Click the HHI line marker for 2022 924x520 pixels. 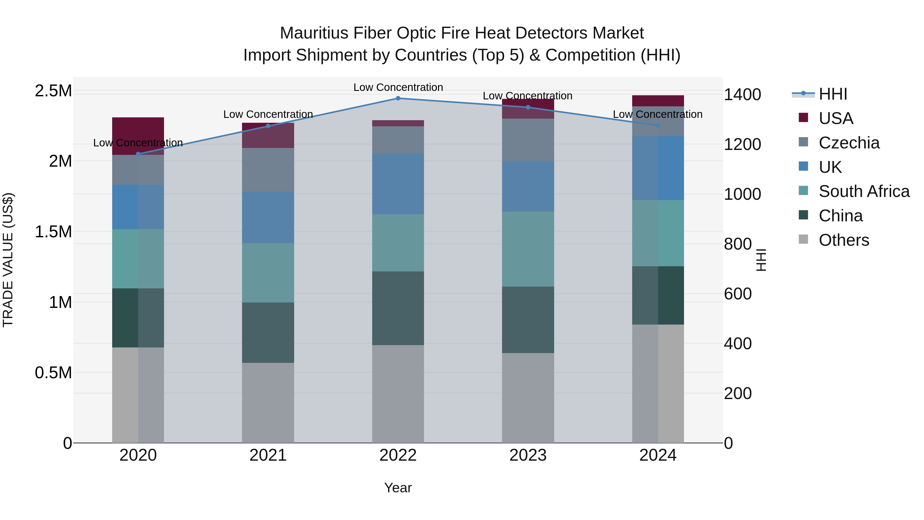[398, 98]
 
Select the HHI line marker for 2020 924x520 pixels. [138, 154]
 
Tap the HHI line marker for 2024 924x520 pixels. [658, 125]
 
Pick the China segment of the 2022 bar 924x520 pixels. [398, 308]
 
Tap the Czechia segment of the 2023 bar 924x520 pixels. [528, 140]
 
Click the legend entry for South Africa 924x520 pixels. [864, 191]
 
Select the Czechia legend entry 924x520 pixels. [849, 143]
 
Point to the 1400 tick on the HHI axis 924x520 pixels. [742, 95]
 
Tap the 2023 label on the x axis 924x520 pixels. [528, 455]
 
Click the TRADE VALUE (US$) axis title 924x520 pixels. [8, 260]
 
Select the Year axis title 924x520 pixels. [398, 488]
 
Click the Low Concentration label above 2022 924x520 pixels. [398, 87]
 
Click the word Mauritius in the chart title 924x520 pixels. [314, 33]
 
